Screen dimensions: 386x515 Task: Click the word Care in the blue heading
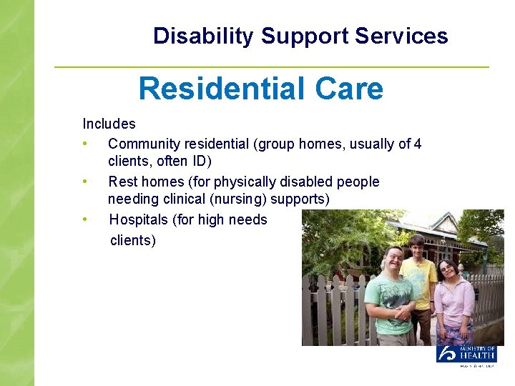348,89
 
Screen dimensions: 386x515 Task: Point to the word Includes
109,124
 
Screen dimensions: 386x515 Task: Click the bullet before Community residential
85,144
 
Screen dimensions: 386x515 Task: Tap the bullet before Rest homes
85,182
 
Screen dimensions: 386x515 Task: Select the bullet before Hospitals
85,219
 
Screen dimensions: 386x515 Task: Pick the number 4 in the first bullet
417,144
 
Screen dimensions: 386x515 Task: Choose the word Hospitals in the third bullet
139,220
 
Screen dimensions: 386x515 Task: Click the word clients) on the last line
133,240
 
